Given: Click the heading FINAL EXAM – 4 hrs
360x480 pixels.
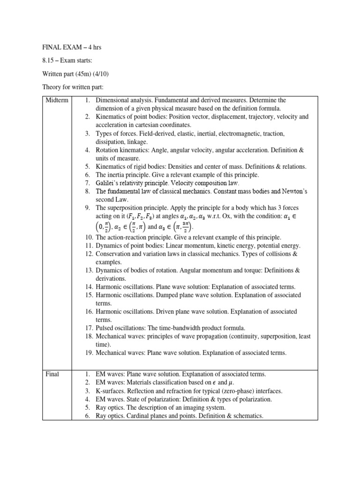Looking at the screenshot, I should (x=72, y=48).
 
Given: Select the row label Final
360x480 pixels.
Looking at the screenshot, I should (x=52, y=374).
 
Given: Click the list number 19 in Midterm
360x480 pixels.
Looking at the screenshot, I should (x=89, y=352).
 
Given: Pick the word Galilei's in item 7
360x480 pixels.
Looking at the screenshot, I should (x=109, y=183).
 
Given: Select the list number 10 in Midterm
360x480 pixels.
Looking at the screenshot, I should (x=89, y=237).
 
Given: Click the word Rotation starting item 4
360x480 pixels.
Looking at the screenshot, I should (x=108, y=150).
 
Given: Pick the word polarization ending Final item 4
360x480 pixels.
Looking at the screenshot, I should (x=254, y=399).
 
